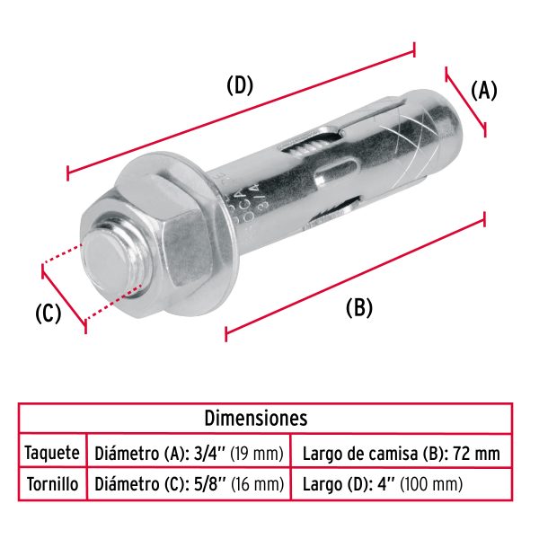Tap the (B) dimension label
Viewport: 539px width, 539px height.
(x=358, y=307)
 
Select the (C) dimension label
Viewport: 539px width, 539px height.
(x=48, y=314)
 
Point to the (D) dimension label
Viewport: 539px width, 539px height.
(x=240, y=85)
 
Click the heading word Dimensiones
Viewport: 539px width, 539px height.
(x=256, y=419)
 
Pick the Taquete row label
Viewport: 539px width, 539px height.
(x=52, y=453)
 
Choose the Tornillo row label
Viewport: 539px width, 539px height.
(x=52, y=485)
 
